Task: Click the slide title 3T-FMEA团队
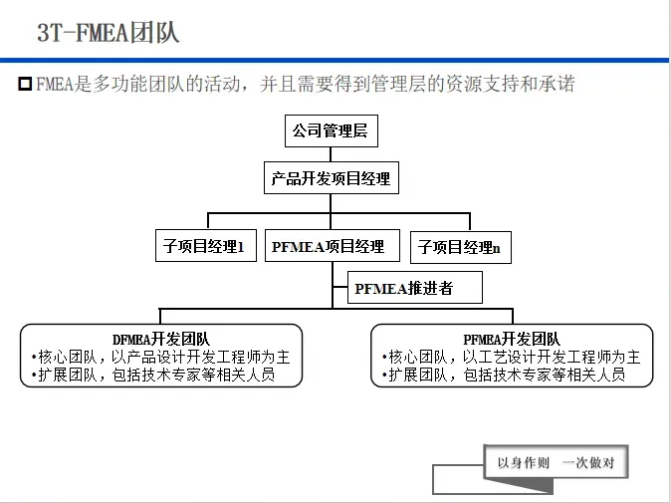point(109,32)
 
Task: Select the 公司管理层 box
point(330,130)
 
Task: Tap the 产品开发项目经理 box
point(331,180)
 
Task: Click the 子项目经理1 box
point(205,246)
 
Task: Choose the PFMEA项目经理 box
point(328,246)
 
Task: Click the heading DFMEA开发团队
point(161,340)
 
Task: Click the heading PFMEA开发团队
point(512,340)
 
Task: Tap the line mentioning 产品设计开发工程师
point(161,357)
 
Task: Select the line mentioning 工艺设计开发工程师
point(512,357)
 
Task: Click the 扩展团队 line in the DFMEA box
point(153,375)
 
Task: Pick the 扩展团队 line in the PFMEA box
point(504,375)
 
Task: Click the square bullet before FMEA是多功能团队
point(26,85)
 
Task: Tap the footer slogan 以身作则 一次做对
point(557,463)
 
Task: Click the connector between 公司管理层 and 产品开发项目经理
point(330,153)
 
